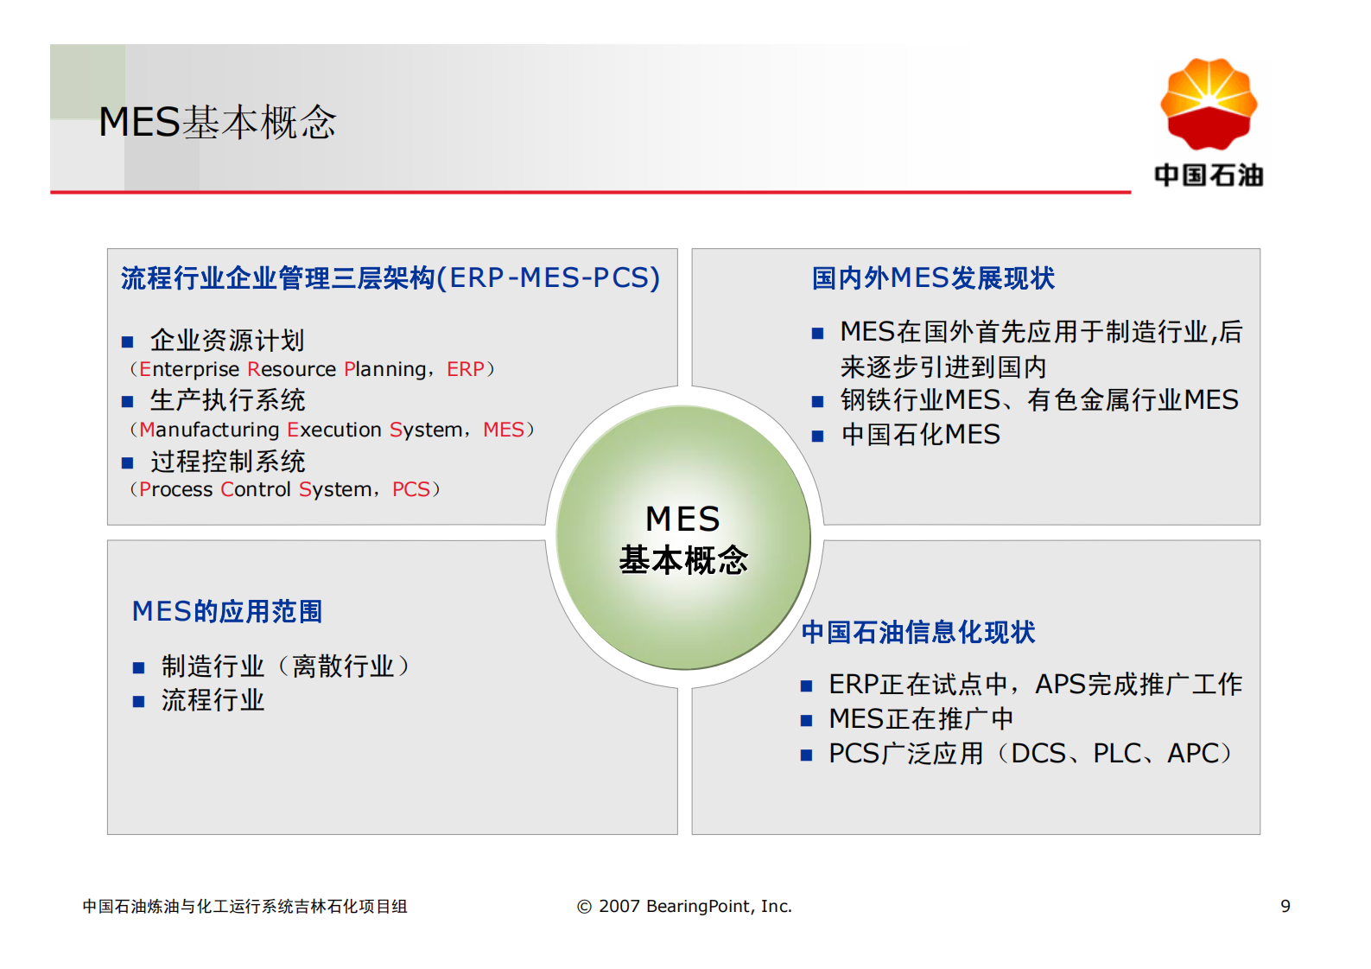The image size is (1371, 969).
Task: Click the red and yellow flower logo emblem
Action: coord(1208,104)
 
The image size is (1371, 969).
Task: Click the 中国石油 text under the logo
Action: coord(1208,175)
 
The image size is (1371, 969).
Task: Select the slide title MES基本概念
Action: coord(217,122)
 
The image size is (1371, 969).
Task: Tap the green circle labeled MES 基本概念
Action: coord(682,538)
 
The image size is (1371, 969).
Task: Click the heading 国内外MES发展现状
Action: coord(933,278)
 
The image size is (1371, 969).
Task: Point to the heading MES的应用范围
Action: coord(227,611)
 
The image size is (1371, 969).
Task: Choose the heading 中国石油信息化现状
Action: coord(917,632)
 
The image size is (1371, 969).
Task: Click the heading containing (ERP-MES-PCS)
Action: coord(390,278)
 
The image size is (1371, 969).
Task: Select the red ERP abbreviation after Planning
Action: coord(465,369)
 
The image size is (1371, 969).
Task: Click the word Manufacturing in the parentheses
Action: coord(209,430)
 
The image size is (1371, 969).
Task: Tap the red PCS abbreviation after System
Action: coord(410,489)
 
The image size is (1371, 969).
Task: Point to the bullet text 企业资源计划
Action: coord(227,341)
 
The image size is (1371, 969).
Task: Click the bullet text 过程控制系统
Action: coord(227,462)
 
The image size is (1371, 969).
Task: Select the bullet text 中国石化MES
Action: coord(920,435)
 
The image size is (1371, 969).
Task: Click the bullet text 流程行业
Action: coord(213,700)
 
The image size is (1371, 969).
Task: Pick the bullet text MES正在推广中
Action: coord(920,719)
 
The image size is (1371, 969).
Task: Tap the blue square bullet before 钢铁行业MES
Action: coord(817,402)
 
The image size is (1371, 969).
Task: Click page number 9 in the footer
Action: coord(1285,906)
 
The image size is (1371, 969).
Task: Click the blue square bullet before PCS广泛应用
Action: coord(806,755)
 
